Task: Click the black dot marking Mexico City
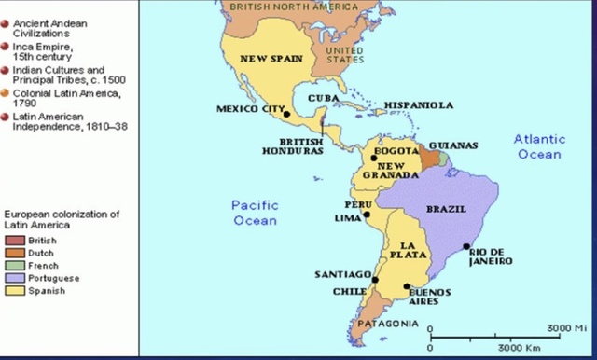(x=287, y=116)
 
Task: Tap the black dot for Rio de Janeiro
(x=466, y=247)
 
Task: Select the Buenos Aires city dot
(x=407, y=286)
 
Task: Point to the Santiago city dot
(x=375, y=279)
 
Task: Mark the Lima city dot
(x=367, y=215)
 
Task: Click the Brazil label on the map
(x=446, y=209)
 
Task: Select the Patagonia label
(x=385, y=325)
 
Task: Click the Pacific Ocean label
(x=255, y=212)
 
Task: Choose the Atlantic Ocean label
(x=539, y=146)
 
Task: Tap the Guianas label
(x=453, y=145)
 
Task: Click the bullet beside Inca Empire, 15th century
(x=6, y=46)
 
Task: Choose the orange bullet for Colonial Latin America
(x=6, y=92)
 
